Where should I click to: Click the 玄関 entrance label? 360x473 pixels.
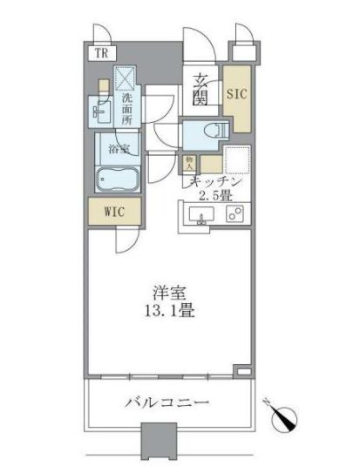tap(199, 89)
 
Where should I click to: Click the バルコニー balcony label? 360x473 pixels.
tap(172, 404)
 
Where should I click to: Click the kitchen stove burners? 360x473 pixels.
tap(233, 214)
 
